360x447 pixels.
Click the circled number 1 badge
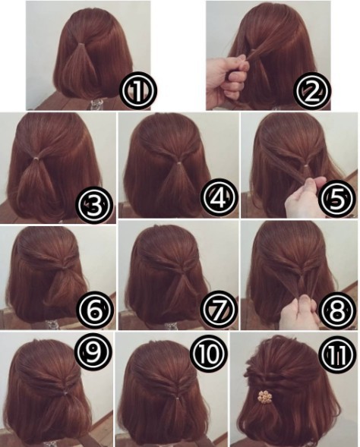[137, 90]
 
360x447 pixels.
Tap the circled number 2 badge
[312, 90]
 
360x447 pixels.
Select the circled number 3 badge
[93, 204]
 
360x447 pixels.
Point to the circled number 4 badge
[219, 197]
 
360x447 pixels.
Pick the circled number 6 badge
[96, 310]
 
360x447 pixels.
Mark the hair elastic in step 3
[36, 157]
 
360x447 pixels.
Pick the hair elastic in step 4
[178, 164]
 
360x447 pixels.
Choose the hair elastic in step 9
[65, 393]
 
